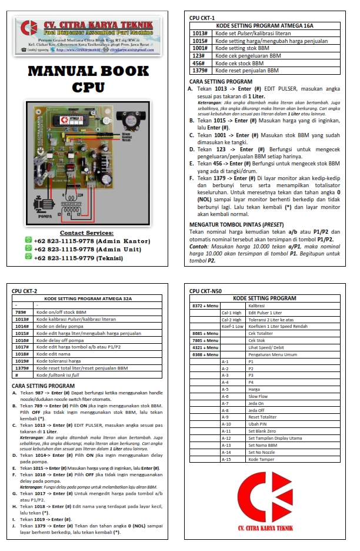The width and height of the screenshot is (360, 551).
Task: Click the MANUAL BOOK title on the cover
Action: [x=89, y=71]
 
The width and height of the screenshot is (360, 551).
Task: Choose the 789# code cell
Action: [x=21, y=312]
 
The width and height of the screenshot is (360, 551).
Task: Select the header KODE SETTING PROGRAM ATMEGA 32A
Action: [x=88, y=298]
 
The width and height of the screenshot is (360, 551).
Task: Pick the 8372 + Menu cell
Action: [x=205, y=306]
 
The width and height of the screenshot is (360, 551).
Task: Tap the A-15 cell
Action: [x=225, y=459]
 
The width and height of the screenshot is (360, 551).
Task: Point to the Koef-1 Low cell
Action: [x=232, y=326]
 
